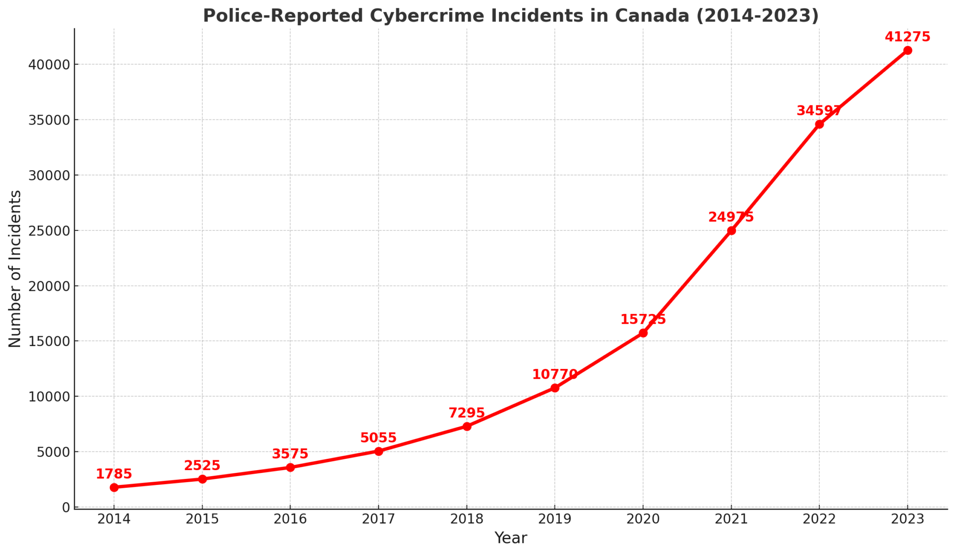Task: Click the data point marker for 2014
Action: [114, 487]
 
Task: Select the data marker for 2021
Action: [731, 230]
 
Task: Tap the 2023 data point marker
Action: [907, 50]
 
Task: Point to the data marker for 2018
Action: [467, 426]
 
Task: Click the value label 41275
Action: [907, 37]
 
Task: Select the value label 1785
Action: [114, 474]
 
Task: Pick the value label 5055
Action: [378, 438]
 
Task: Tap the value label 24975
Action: [731, 217]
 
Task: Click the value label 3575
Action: [290, 454]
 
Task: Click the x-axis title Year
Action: [511, 538]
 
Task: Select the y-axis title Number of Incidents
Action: [15, 269]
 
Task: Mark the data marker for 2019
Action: [555, 388]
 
